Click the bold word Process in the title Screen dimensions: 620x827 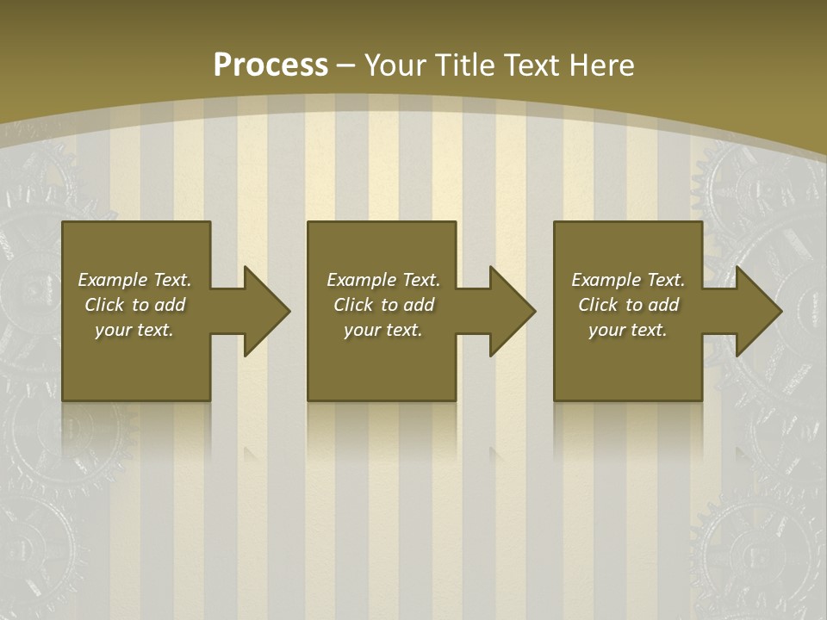tap(270, 65)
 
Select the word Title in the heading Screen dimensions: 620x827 tap(465, 65)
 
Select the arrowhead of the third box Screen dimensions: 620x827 tap(757, 311)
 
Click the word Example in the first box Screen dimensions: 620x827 tap(113, 280)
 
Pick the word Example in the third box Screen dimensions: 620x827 tap(606, 280)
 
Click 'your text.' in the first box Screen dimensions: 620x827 tap(134, 330)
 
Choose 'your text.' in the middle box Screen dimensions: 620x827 tap(382, 330)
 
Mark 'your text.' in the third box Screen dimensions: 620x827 tap(627, 330)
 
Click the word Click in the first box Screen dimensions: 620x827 tap(104, 305)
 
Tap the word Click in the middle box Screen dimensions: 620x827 tap(353, 305)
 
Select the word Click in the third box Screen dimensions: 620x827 tap(598, 305)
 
